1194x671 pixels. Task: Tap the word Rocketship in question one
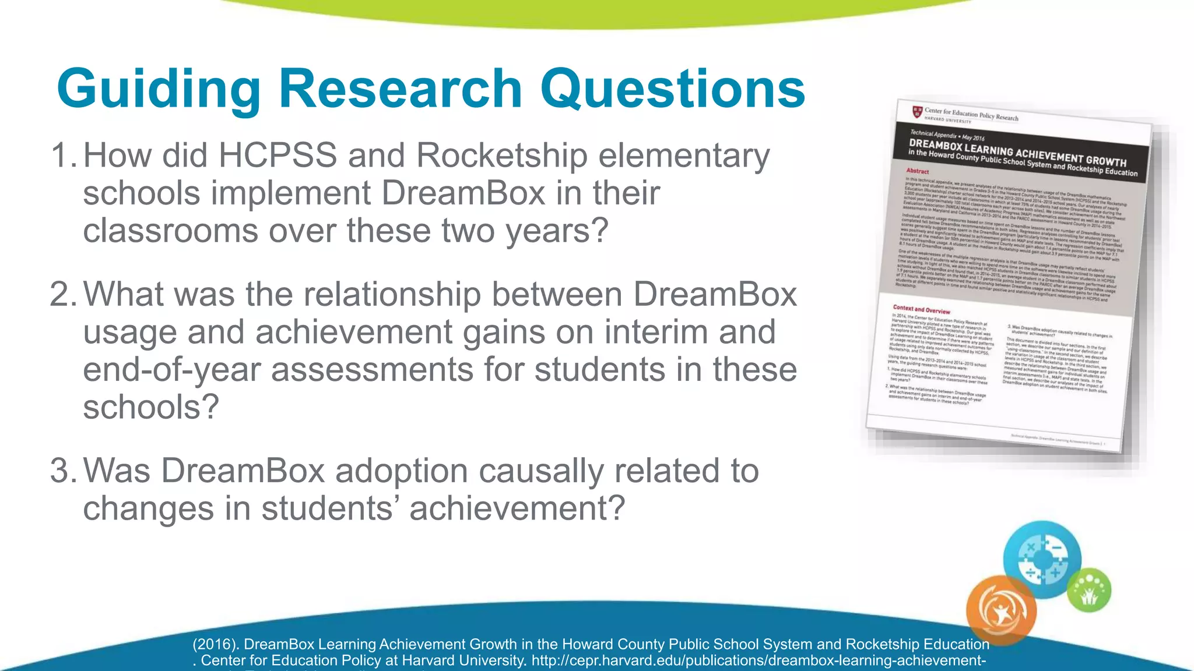[x=501, y=156]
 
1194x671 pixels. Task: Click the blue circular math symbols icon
[x=1042, y=559]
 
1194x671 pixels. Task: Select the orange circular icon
[x=1001, y=610]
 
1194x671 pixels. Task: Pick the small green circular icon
[x=1089, y=590]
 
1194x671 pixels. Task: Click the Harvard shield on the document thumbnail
[x=917, y=111]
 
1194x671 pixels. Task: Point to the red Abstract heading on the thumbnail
[x=917, y=171]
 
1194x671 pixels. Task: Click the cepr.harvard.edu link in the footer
[x=758, y=661]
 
